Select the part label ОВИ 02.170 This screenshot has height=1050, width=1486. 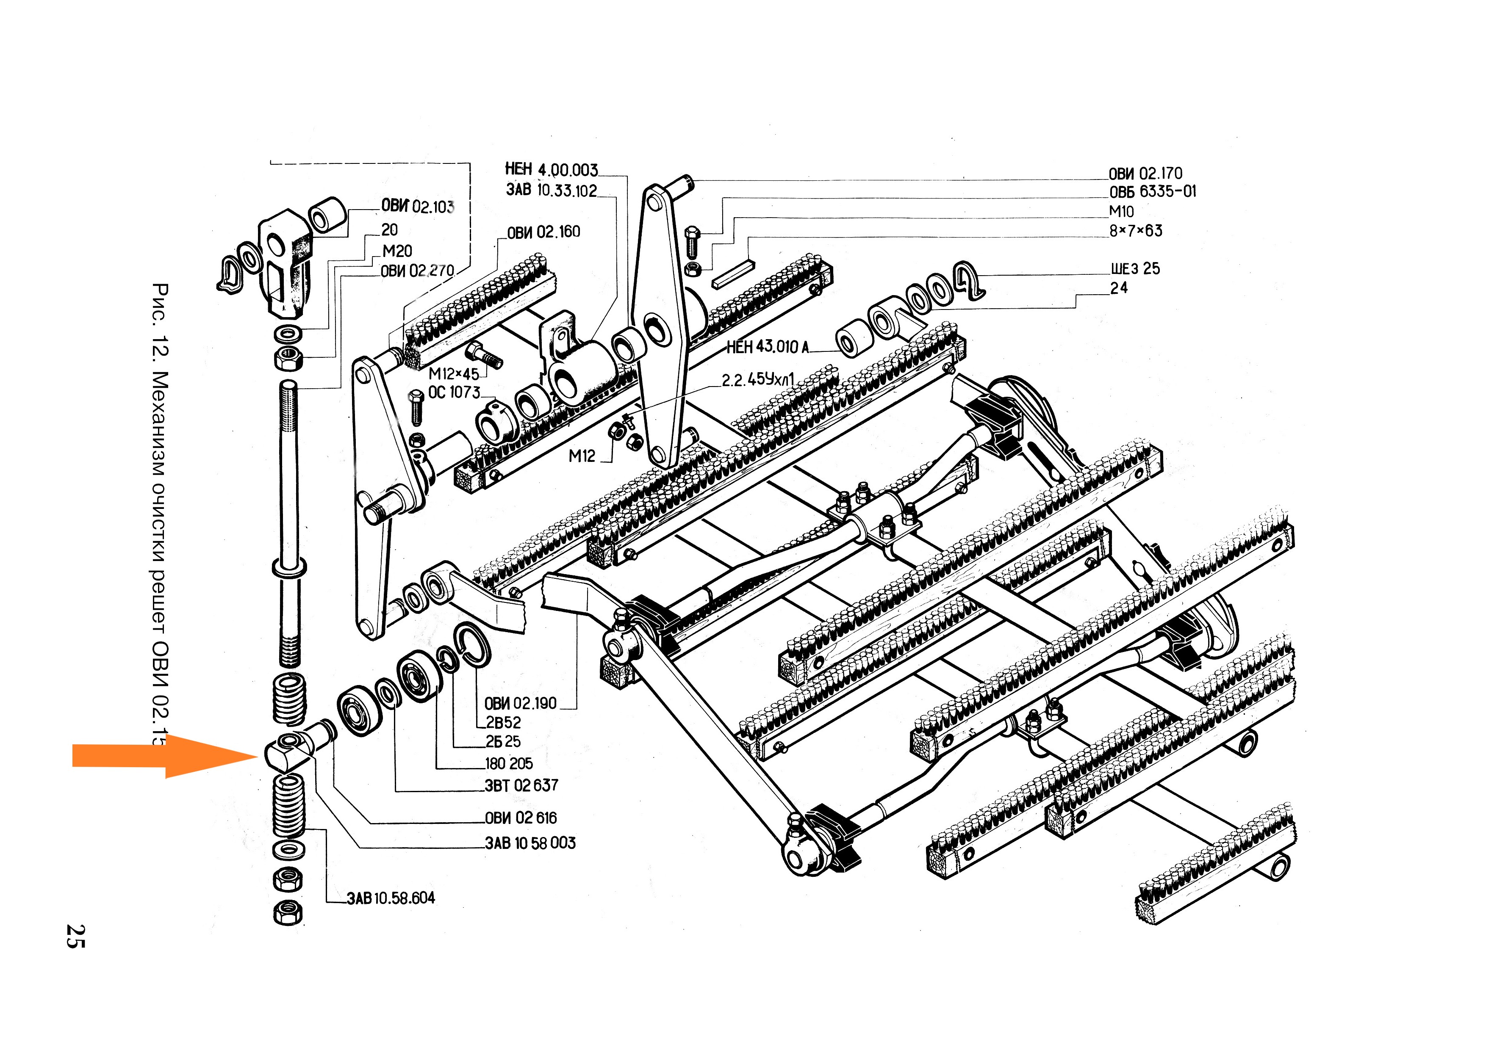tap(1145, 174)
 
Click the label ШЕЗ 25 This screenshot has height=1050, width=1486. tap(1135, 268)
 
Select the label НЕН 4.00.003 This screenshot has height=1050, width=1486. tap(552, 169)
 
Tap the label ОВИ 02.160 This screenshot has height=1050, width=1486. tap(543, 232)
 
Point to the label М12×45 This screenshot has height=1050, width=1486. tap(454, 374)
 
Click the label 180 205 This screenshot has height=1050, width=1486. tap(509, 764)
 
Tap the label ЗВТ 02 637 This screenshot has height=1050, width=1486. tap(521, 785)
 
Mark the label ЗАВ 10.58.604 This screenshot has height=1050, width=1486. tap(391, 898)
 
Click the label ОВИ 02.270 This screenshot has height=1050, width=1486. tap(417, 271)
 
